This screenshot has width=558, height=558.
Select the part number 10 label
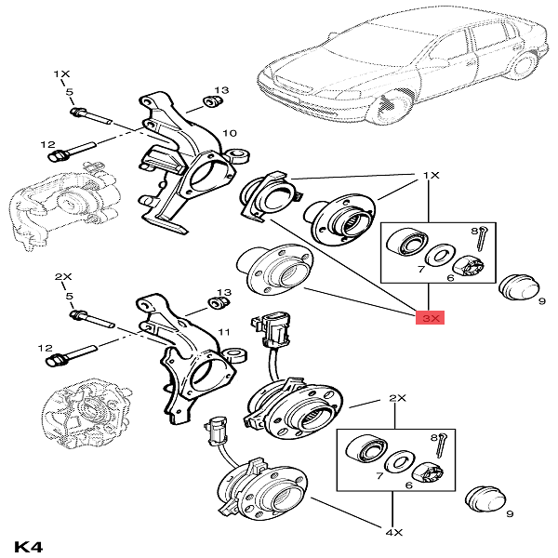click(x=229, y=134)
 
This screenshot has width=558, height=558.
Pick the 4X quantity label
click(x=394, y=534)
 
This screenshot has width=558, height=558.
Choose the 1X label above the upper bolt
click(x=62, y=73)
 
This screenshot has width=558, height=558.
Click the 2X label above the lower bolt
click(x=62, y=277)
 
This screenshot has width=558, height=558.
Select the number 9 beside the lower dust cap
click(x=509, y=513)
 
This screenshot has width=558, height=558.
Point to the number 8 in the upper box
click(x=473, y=230)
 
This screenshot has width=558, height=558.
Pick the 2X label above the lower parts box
click(x=397, y=398)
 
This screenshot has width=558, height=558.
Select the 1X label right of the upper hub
click(x=430, y=175)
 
